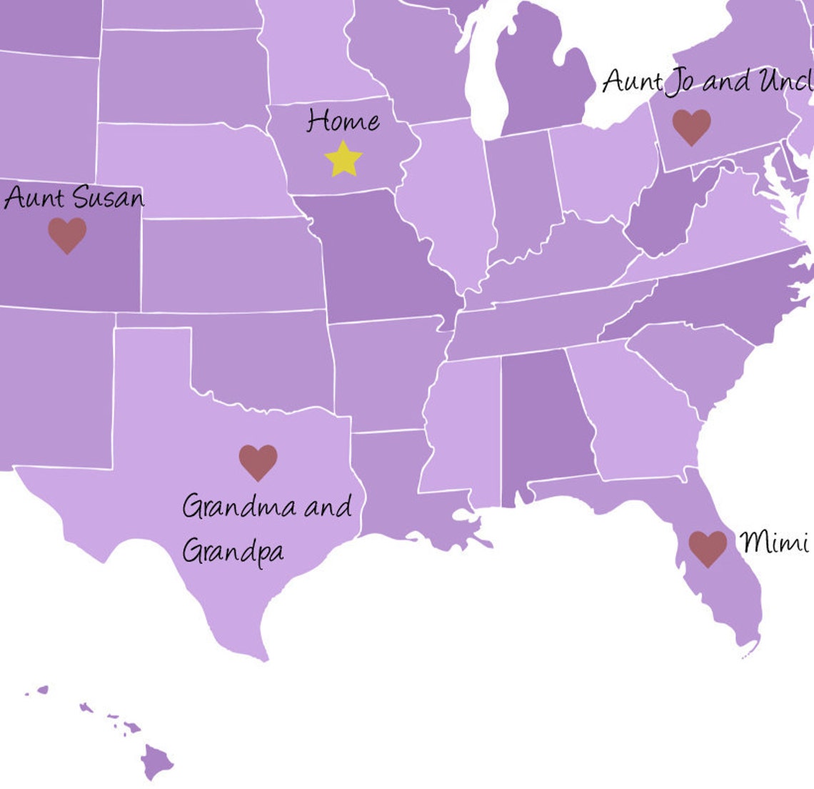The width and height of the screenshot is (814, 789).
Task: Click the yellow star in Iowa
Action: pyautogui.click(x=343, y=159)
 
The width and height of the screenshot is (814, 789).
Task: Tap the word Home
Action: pyautogui.click(x=343, y=121)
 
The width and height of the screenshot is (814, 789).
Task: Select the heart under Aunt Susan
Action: pyautogui.click(x=67, y=235)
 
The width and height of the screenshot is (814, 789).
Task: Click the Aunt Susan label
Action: pyautogui.click(x=74, y=198)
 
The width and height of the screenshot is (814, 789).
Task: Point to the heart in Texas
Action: pyautogui.click(x=258, y=462)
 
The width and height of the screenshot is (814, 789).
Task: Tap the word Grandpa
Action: pyautogui.click(x=233, y=552)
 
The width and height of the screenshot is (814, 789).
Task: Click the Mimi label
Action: pyautogui.click(x=774, y=542)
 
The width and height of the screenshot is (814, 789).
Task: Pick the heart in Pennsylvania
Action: pyautogui.click(x=691, y=126)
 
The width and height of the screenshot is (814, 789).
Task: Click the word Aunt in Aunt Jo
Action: pyautogui.click(x=633, y=81)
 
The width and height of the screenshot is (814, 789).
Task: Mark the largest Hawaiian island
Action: pyautogui.click(x=157, y=761)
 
